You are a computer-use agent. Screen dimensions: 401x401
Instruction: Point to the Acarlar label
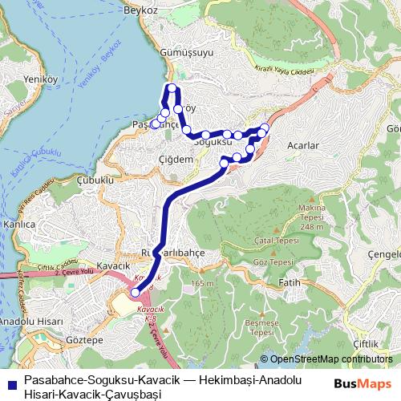[x=302, y=145]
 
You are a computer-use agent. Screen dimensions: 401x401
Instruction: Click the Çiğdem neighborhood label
[x=177, y=159]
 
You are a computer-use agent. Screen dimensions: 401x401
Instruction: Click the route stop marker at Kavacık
[x=135, y=293]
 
